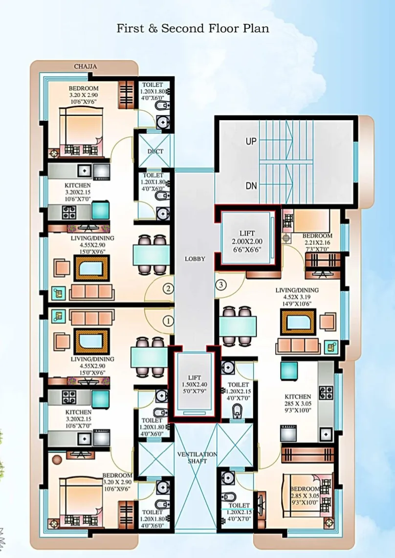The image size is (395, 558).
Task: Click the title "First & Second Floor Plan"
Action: coord(193,28)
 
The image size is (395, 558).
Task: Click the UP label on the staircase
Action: coord(251,141)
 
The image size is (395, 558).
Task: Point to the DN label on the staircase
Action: coord(251,186)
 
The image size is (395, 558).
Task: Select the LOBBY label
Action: coord(195,258)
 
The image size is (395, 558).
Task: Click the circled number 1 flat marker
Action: coord(168,322)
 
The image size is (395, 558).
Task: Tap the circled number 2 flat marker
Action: coord(168,288)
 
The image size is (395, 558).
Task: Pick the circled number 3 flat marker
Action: coord(221,284)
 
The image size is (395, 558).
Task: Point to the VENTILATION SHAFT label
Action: coord(197,458)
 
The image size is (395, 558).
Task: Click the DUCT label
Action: coord(155,151)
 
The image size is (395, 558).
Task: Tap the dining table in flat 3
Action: coord(238,325)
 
